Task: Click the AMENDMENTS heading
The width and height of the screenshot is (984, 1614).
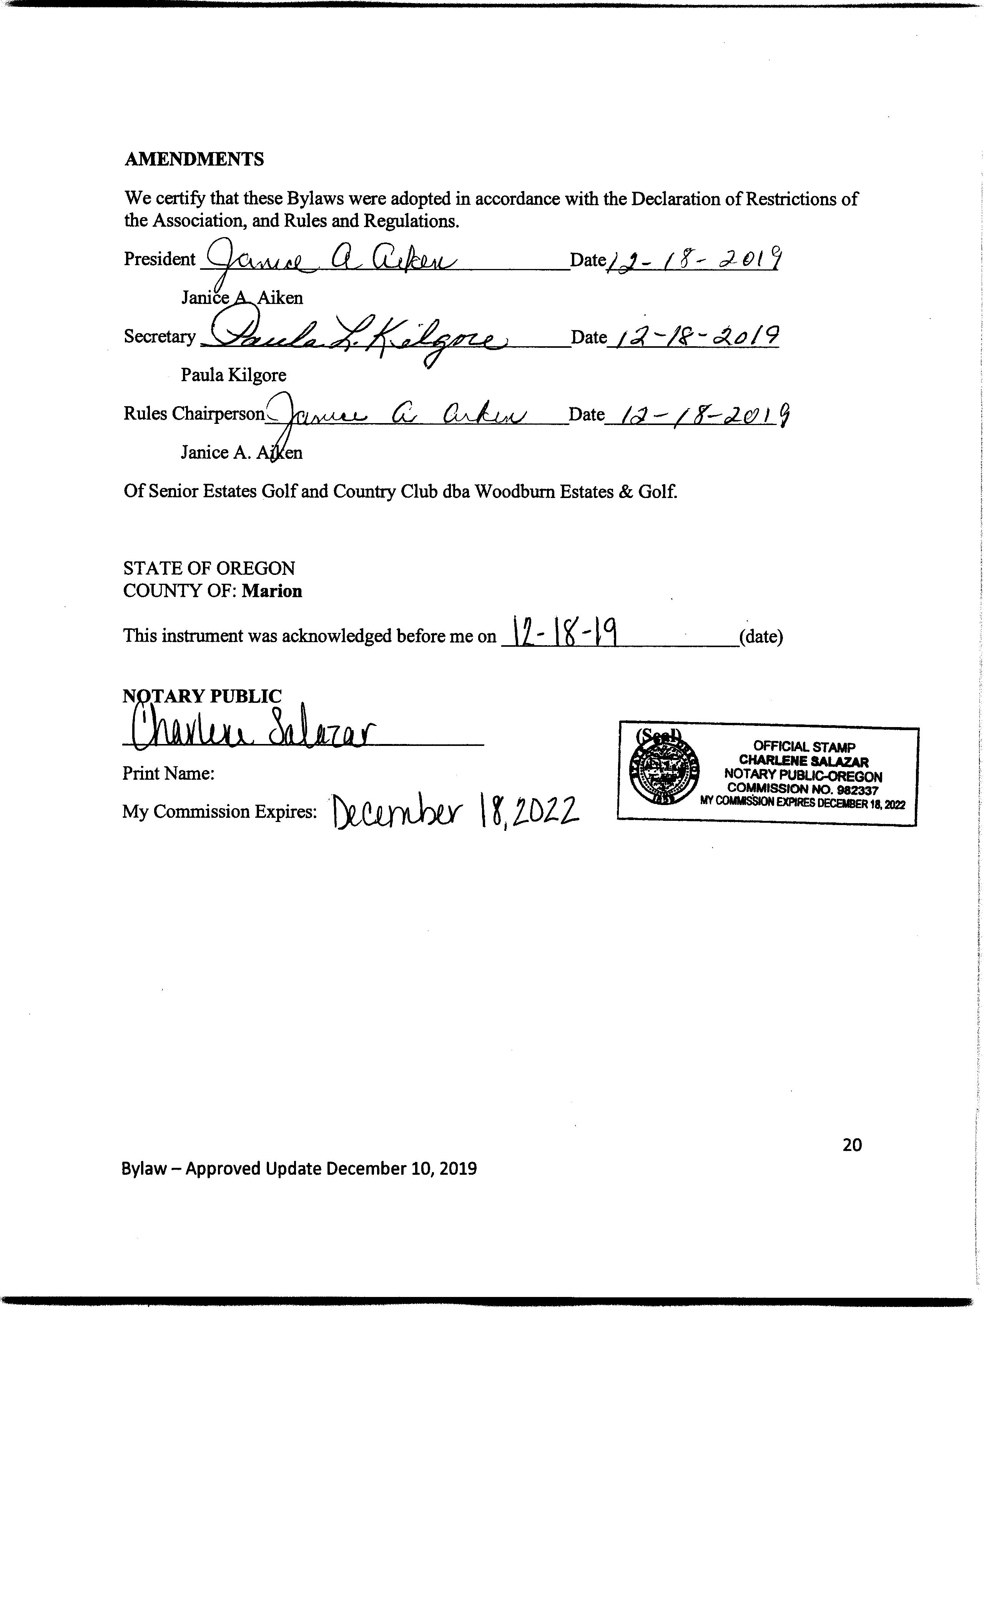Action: (194, 159)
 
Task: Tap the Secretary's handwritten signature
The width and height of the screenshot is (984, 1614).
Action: (354, 336)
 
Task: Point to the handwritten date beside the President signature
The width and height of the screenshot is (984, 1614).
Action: (695, 260)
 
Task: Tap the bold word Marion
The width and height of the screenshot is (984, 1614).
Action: (272, 591)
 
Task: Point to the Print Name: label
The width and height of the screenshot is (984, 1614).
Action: (168, 774)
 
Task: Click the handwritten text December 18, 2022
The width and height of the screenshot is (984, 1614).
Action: (455, 813)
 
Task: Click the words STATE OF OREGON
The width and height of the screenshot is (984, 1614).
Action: (209, 568)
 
